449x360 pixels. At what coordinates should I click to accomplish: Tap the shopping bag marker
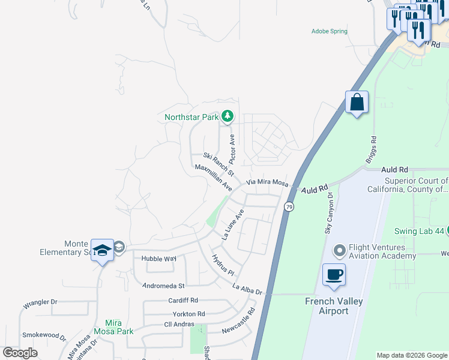357,102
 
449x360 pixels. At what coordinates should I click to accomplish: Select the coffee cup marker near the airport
334,275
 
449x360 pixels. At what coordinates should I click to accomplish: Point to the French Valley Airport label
334,306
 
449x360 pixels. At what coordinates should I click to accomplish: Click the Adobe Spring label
329,31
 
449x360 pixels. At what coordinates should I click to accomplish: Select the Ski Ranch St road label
218,163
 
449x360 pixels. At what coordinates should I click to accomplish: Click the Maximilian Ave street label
214,179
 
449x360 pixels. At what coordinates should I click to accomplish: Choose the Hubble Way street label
158,259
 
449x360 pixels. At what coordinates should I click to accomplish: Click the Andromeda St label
163,286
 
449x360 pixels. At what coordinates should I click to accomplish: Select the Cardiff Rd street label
182,300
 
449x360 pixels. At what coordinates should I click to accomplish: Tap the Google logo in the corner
20,352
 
